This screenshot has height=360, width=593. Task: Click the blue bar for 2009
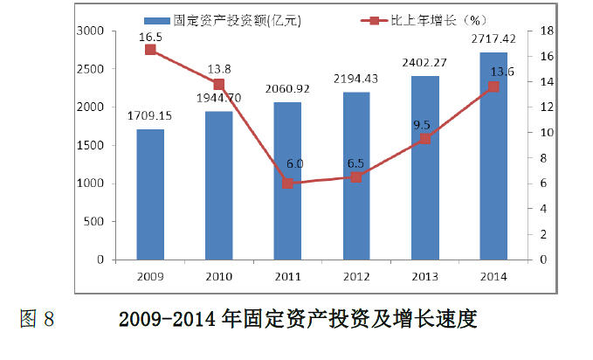[150, 195]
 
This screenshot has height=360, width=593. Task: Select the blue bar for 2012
[356, 176]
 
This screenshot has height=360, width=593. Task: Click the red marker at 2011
[287, 183]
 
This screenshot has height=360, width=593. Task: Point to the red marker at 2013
[424, 139]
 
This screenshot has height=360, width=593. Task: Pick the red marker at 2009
[150, 50]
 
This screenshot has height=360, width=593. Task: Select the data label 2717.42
[493, 40]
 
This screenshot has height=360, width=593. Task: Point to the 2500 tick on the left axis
[91, 69]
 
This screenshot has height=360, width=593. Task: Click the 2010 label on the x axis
[219, 276]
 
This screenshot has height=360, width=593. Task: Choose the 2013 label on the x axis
[424, 276]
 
